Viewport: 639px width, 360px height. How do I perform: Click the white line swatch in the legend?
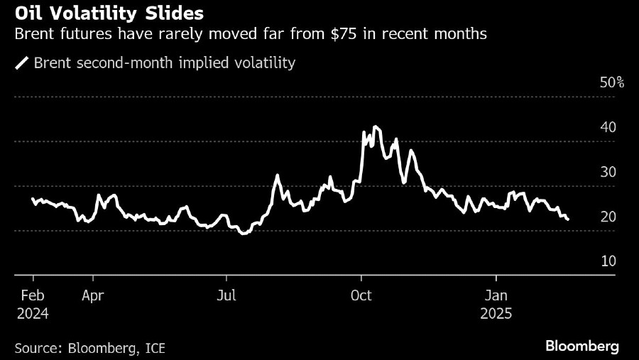21,63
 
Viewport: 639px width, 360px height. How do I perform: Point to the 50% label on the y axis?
612,83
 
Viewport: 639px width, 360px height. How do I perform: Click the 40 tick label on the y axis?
608,128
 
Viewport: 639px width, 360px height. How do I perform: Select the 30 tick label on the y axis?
608,173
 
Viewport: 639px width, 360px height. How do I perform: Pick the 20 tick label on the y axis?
608,217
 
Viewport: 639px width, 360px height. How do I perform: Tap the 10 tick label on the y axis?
608,261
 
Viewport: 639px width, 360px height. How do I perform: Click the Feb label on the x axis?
33,295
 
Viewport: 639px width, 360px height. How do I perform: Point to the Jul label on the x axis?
226,295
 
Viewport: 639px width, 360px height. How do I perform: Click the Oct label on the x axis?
361,295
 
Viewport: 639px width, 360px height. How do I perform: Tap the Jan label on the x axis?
496,295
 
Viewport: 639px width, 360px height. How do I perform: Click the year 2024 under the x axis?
33,312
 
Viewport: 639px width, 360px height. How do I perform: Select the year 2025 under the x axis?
496,312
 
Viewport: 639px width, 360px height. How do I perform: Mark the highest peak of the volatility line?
375,126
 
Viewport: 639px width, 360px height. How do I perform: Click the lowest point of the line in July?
244,234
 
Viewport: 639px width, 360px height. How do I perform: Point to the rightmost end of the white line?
568,220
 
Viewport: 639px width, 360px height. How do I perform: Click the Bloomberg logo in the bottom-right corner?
581,347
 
